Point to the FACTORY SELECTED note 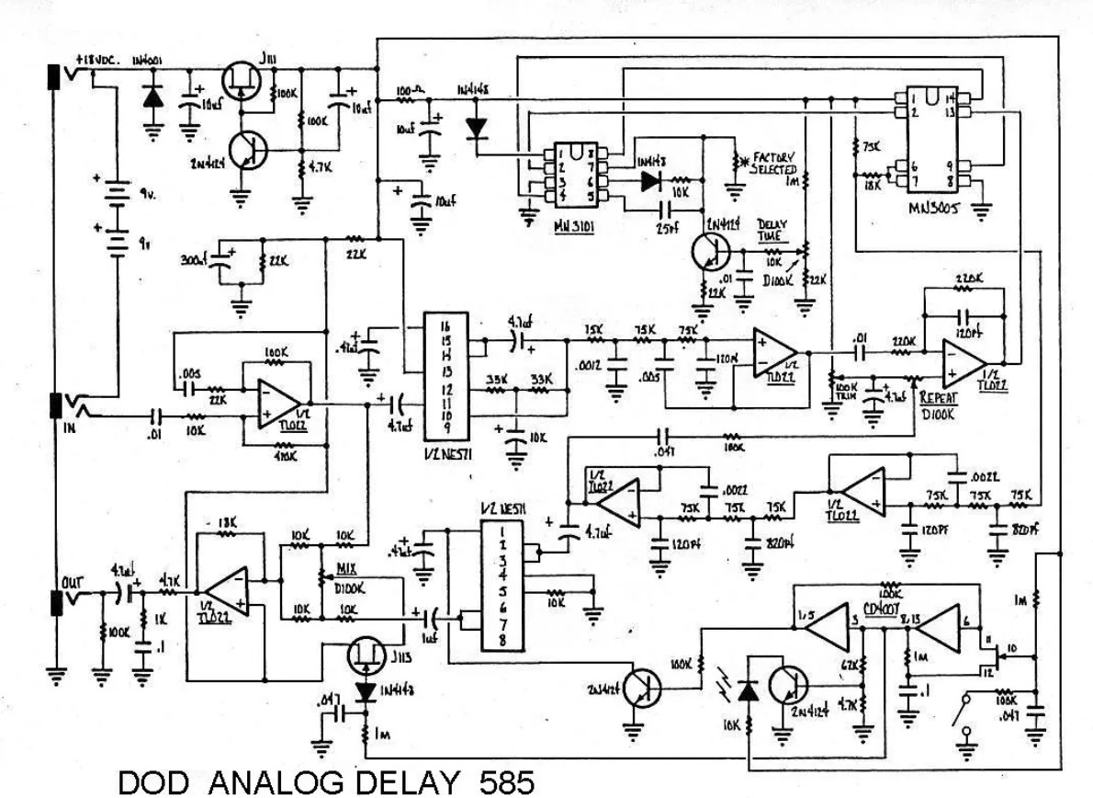pos(773,164)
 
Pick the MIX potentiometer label pos(347,569)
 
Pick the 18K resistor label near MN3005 pos(862,183)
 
